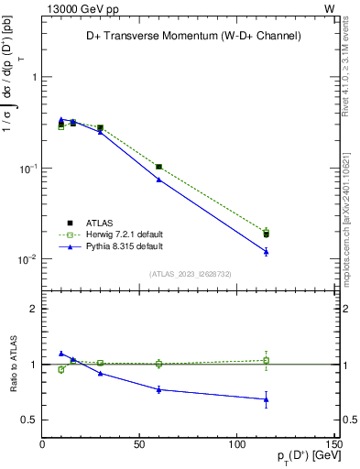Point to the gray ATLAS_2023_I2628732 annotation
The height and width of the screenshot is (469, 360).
pyautogui.click(x=190, y=273)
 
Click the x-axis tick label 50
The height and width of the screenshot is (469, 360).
pyautogui.click(x=140, y=444)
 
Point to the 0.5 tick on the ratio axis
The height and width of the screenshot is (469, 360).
pyautogui.click(x=29, y=420)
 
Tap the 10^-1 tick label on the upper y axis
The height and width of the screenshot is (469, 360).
pyautogui.click(x=27, y=169)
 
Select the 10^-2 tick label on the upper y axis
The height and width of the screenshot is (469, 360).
pyautogui.click(x=27, y=260)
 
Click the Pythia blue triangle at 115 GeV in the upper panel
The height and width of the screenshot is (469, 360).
pyautogui.click(x=266, y=251)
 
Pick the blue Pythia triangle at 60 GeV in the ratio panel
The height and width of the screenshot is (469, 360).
pyautogui.click(x=158, y=389)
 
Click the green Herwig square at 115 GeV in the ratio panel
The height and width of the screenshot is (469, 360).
pyautogui.click(x=266, y=360)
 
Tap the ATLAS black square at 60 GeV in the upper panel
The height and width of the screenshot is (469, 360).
pyautogui.click(x=158, y=167)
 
